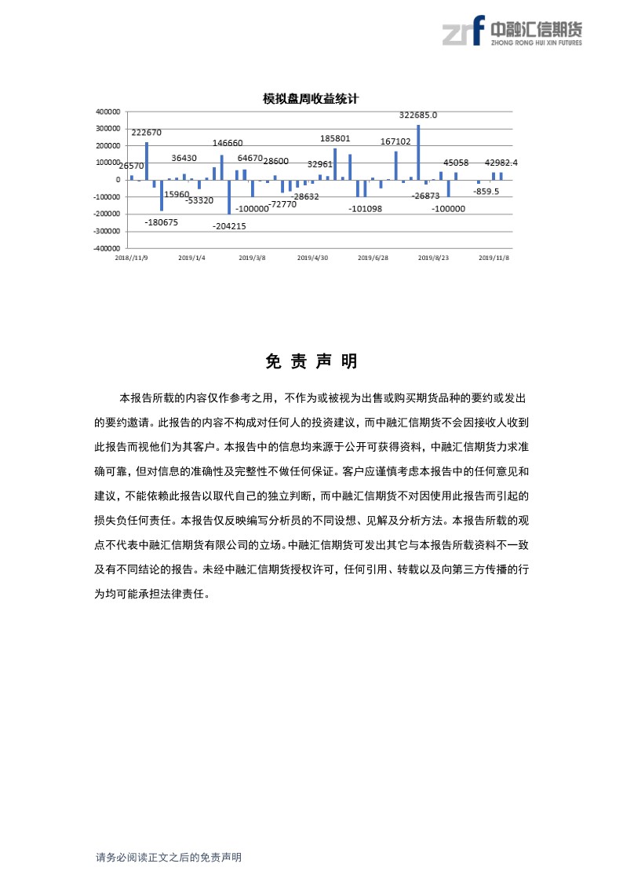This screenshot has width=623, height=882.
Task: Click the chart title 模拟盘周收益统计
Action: click(x=311, y=99)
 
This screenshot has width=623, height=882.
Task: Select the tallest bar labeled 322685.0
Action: click(x=418, y=152)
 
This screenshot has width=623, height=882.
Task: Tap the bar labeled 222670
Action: click(x=147, y=161)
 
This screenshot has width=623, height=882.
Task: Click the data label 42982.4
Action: click(x=501, y=163)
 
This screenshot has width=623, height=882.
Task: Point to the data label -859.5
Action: click(x=486, y=191)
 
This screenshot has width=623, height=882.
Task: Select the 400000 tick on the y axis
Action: click(x=107, y=112)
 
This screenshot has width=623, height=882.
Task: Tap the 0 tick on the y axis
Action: click(x=118, y=180)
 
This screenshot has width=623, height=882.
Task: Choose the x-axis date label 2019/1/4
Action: click(x=191, y=257)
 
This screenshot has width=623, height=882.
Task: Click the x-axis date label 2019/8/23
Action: click(x=432, y=257)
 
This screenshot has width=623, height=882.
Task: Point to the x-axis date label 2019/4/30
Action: click(x=313, y=257)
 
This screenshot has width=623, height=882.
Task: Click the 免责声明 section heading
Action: click(x=311, y=361)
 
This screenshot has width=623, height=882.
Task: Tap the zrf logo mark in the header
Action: click(x=462, y=31)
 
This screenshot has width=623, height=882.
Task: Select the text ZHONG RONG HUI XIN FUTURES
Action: click(x=536, y=42)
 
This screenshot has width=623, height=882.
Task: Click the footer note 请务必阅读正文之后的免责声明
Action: click(x=169, y=858)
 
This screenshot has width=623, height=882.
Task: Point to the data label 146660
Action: click(x=228, y=144)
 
